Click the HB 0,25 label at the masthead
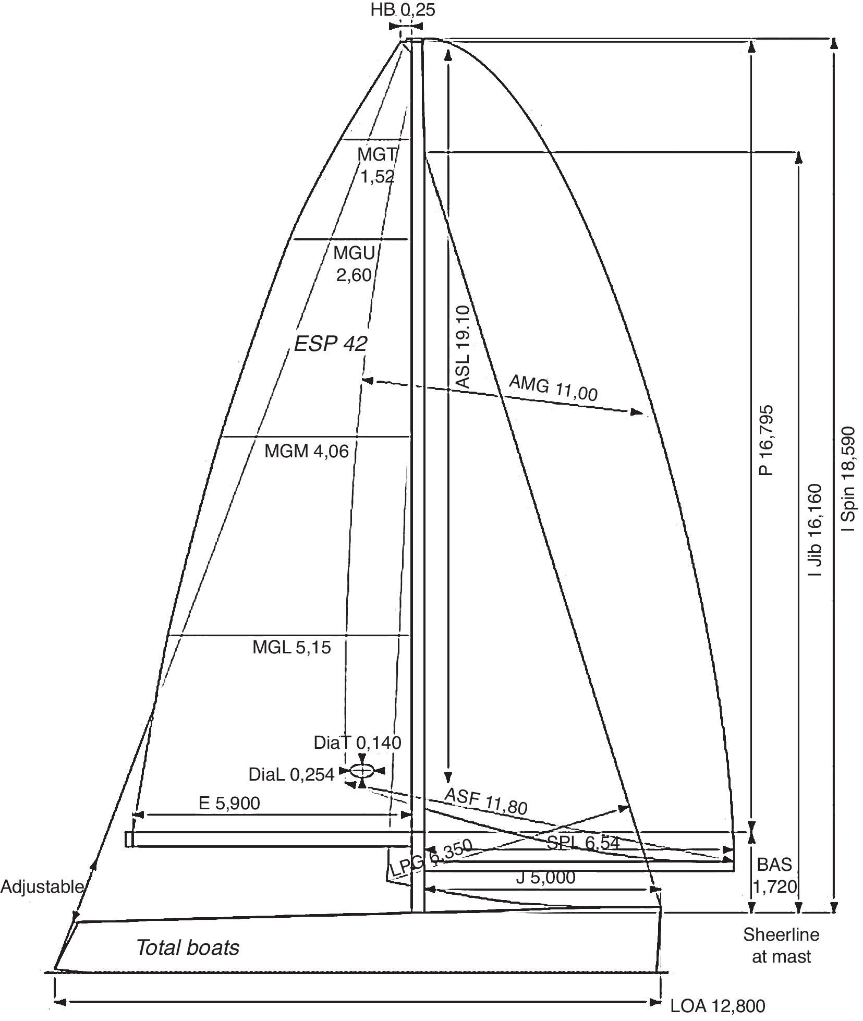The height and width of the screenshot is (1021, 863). tap(403, 9)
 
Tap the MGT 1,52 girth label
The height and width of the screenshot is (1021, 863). tap(378, 165)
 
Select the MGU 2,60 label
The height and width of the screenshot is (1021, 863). tap(354, 264)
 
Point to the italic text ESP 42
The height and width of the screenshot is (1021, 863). tap(331, 344)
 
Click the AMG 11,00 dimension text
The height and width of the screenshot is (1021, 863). tap(553, 388)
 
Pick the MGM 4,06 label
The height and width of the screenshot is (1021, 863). tap(306, 451)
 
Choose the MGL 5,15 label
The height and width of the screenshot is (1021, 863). tap(291, 647)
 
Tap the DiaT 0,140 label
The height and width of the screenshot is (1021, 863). tap(357, 742)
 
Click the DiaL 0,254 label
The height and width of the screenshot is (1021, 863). tap(291, 775)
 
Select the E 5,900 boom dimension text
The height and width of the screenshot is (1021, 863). tap(229, 803)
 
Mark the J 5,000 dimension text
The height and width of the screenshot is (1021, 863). tap(545, 877)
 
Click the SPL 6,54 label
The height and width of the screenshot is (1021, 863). tap(583, 843)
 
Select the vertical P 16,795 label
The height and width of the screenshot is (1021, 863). tap(765, 440)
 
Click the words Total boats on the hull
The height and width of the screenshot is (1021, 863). tap(188, 947)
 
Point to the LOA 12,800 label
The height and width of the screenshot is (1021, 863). tap(717, 1005)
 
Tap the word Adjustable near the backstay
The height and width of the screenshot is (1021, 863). tap(42, 886)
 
